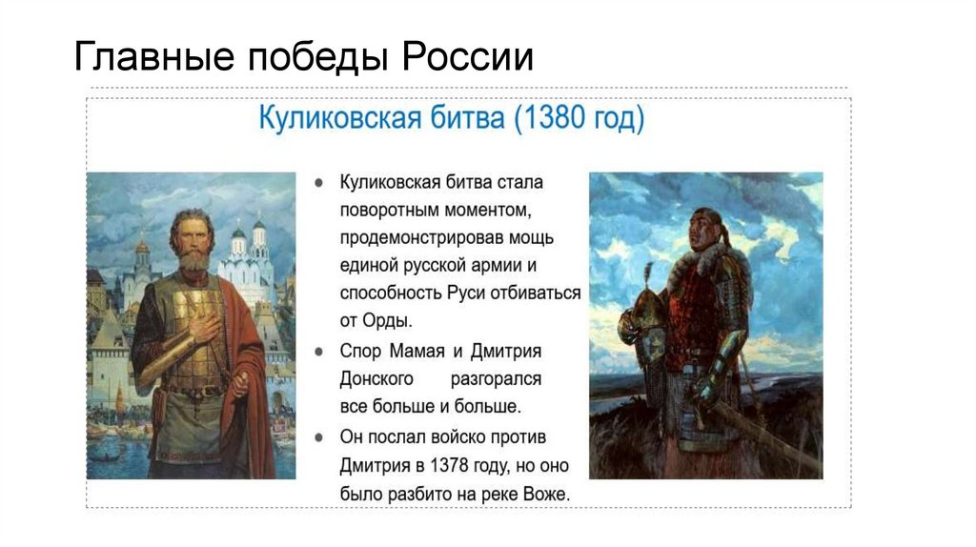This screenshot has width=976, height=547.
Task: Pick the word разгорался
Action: coord(496,379)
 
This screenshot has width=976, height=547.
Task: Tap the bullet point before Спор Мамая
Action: coord(321,351)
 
